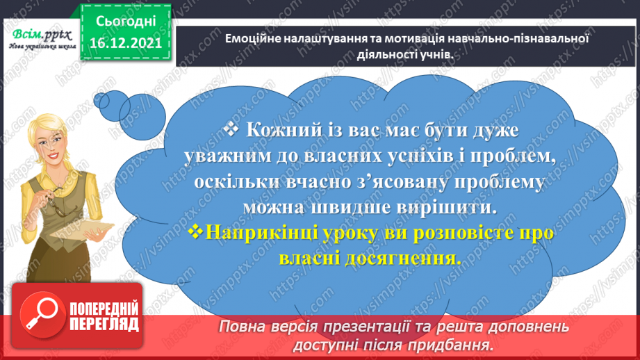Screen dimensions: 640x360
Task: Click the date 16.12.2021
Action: click(x=126, y=43)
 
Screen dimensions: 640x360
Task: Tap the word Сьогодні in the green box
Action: click(x=126, y=22)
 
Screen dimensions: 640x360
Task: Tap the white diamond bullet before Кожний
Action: click(x=231, y=129)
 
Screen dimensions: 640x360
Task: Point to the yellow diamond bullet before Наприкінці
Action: click(x=195, y=231)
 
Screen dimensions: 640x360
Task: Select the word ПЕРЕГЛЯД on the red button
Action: click(x=104, y=325)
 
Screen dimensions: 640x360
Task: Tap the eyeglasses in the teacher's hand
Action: click(x=55, y=202)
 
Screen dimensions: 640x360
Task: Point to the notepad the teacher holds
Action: click(x=81, y=230)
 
